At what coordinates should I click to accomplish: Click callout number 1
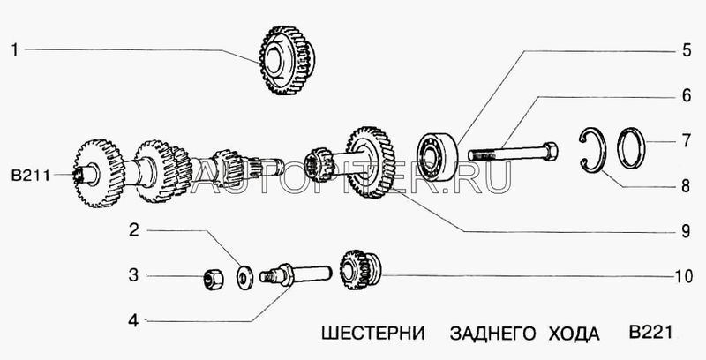pos(15,50)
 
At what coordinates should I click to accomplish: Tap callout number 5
pos(685,50)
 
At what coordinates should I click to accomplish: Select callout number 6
pos(685,94)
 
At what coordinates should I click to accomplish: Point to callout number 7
pos(685,139)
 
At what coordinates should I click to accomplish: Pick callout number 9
pos(685,233)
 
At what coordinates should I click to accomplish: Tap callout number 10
pos(680,276)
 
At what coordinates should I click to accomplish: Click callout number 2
pos(133,233)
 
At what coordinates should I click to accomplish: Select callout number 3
pos(133,276)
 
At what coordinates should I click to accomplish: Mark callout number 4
pos(133,319)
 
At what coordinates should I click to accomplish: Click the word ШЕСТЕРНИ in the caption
pos(363,335)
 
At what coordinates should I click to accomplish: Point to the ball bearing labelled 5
pos(436,156)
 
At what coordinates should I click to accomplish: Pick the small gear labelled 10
pos(358,267)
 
